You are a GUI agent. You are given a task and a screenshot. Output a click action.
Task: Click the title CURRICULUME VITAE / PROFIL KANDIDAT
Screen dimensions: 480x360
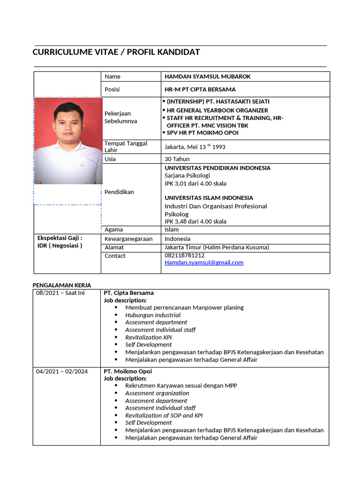pos(116,52)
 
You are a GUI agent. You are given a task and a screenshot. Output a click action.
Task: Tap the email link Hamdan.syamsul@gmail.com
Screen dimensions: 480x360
pos(204,262)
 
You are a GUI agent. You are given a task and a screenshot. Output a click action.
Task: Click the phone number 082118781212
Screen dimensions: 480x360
pos(184,255)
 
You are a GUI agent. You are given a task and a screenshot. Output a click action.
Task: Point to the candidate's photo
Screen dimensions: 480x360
pos(68,141)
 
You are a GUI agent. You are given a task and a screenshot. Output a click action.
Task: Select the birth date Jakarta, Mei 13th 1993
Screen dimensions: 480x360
pos(195,147)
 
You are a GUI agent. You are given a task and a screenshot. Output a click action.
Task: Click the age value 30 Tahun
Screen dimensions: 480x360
pos(177,159)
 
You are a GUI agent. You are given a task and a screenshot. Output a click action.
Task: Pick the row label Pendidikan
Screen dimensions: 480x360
pos(119,192)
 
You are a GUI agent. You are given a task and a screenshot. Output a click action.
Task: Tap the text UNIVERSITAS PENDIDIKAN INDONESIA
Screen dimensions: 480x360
pos(217,168)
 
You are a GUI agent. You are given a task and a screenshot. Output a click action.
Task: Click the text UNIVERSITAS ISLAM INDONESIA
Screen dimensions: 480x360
pos(209,198)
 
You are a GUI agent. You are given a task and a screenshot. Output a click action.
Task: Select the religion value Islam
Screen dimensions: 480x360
pos(172,230)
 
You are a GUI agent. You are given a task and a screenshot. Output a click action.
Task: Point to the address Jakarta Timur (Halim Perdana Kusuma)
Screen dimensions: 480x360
pos(217,247)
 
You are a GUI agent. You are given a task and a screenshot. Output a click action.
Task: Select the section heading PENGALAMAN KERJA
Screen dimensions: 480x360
pos(62,285)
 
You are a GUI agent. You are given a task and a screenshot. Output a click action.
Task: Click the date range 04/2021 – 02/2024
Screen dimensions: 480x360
pos(62,371)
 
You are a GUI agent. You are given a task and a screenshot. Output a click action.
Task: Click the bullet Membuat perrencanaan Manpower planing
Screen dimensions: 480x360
pos(184,307)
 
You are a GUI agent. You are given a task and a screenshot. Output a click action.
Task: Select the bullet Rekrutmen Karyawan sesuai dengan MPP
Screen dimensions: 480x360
pos(181,385)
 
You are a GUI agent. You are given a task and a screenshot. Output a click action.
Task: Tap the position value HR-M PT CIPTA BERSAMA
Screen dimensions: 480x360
pos(200,89)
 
